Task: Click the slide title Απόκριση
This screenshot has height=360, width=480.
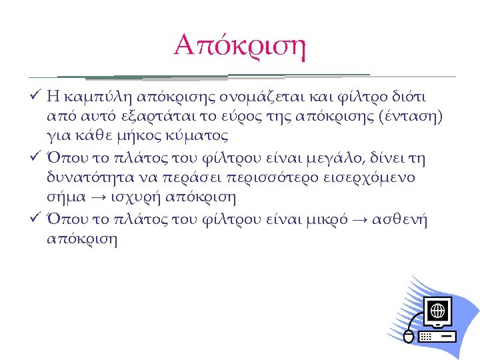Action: (239, 45)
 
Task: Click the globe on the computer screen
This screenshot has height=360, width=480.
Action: (437, 311)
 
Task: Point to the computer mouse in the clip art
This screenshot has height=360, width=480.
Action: (409, 337)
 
